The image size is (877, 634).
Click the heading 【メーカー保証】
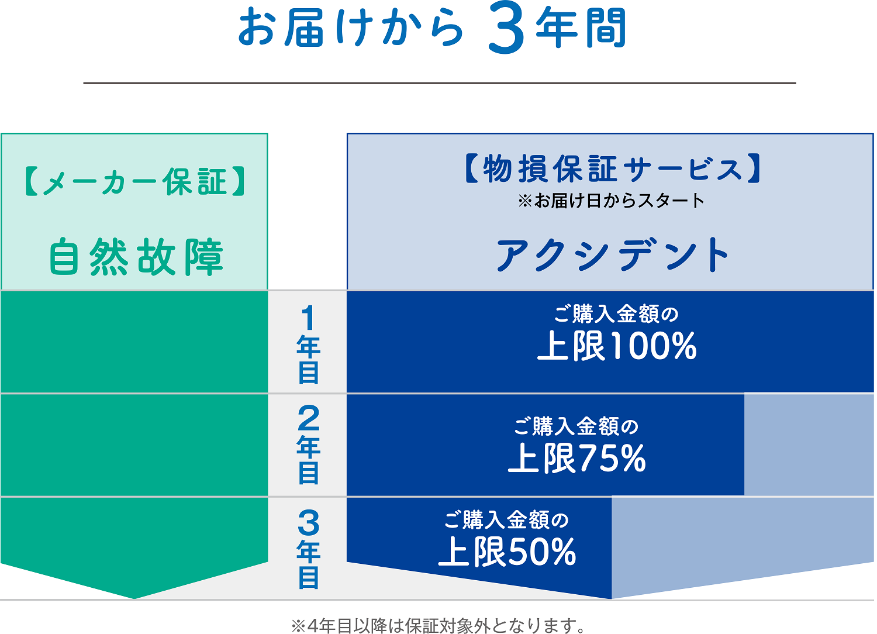point(134,182)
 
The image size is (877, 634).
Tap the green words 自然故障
point(136,257)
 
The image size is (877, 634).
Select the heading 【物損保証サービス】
point(612,168)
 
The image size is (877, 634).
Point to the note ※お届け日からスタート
point(611,201)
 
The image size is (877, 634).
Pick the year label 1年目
point(308,344)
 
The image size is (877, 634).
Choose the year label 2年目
point(308,445)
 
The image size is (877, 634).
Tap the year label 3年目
point(308,549)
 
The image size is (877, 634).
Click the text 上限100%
point(617,346)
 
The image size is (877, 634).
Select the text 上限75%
point(577,458)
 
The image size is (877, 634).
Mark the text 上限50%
point(507,552)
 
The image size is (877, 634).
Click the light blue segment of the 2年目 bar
point(809,445)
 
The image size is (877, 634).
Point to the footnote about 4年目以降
point(438,626)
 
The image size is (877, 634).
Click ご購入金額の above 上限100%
point(616,314)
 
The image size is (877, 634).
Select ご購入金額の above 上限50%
point(506,519)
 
